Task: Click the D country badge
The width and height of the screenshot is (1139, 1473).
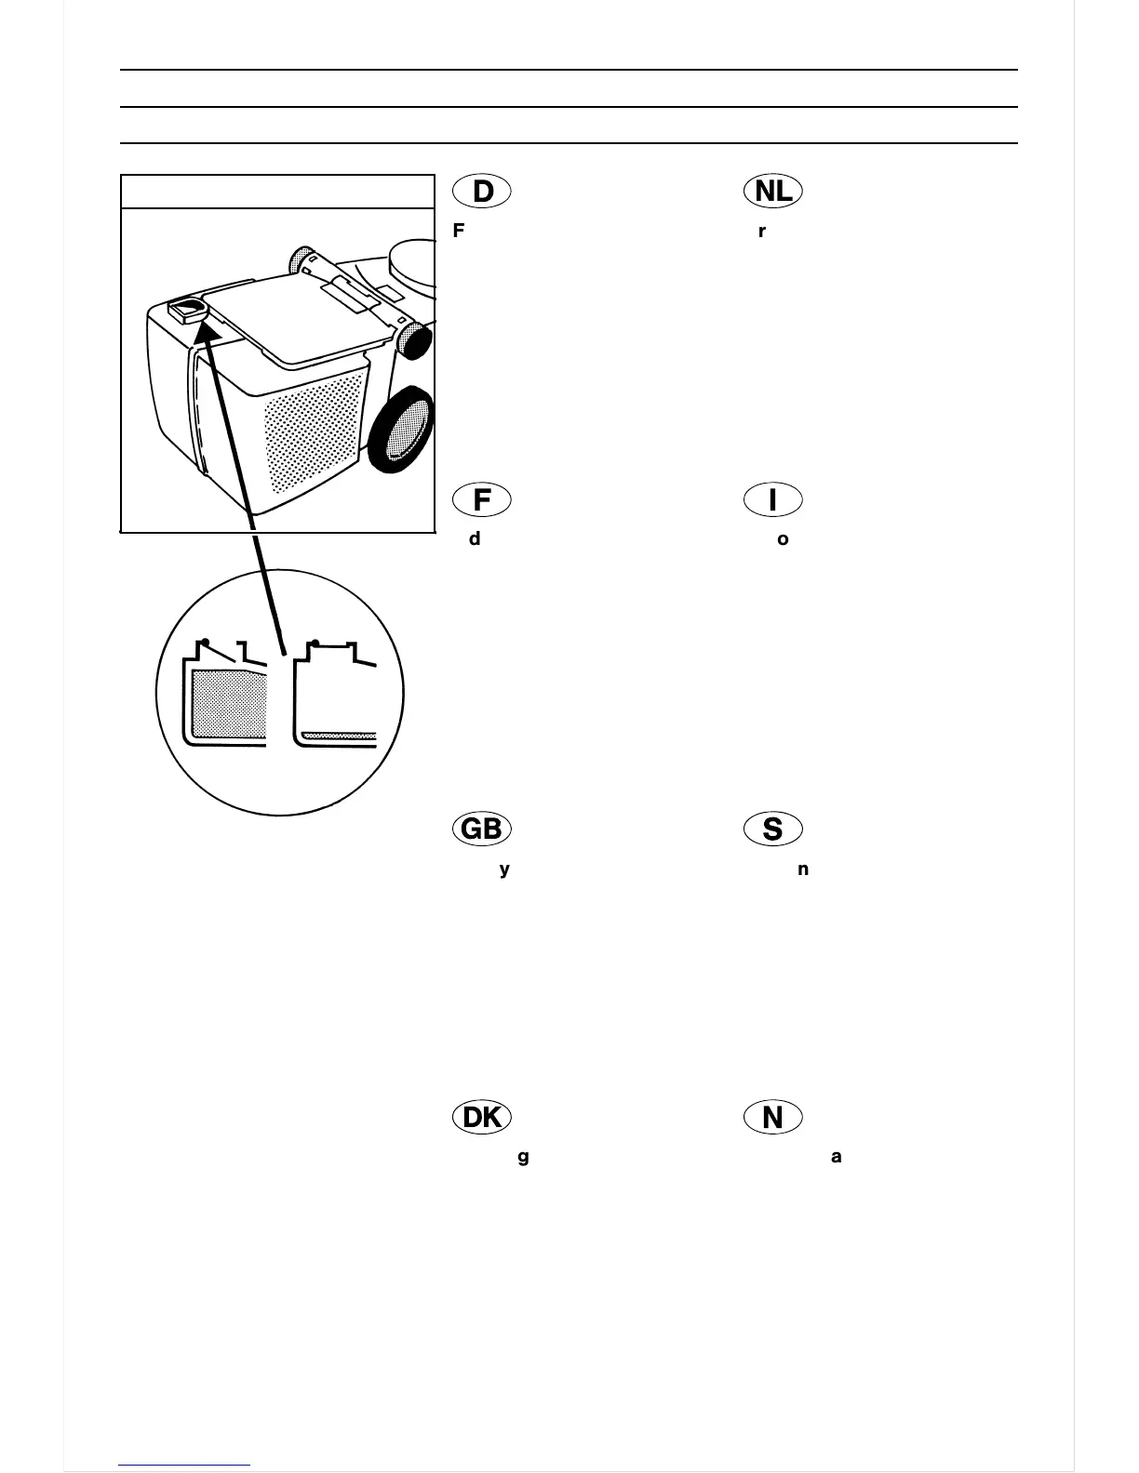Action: pyautogui.click(x=482, y=192)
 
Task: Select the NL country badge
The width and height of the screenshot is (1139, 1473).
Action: pyautogui.click(x=773, y=192)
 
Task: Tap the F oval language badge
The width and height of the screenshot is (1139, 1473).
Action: pyautogui.click(x=482, y=500)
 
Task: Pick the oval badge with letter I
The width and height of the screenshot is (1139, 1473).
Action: pyautogui.click(x=772, y=500)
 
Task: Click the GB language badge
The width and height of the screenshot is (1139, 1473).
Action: pyautogui.click(x=482, y=829)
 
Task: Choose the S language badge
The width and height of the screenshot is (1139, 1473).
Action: pyautogui.click(x=772, y=829)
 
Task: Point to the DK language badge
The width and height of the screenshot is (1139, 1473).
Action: pyautogui.click(x=482, y=1117)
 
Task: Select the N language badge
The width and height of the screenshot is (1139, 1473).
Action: pyautogui.click(x=772, y=1117)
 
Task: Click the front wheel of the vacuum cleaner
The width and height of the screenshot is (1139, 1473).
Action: pyautogui.click(x=401, y=430)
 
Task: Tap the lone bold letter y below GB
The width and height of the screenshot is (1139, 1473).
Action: pyautogui.click(x=504, y=870)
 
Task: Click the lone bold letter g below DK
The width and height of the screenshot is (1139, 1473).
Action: pyautogui.click(x=523, y=1158)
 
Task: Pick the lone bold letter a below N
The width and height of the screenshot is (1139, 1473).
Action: pyautogui.click(x=836, y=1157)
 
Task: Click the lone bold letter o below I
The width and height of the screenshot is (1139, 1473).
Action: pyautogui.click(x=783, y=539)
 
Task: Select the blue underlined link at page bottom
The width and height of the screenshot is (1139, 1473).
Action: pyautogui.click(x=184, y=1465)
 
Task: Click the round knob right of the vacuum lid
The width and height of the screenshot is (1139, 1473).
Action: pyautogui.click(x=413, y=339)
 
